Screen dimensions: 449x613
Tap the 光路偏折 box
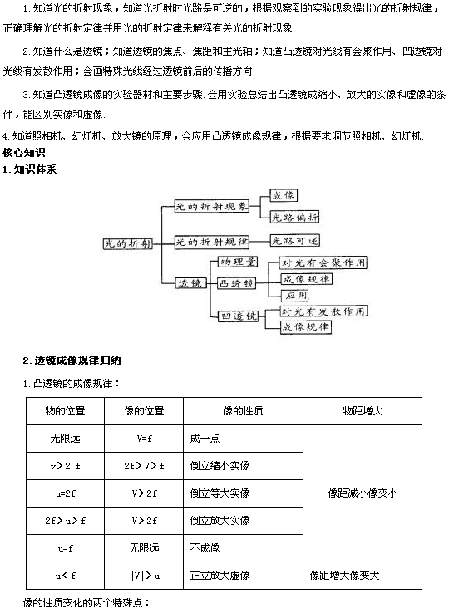[x=294, y=218]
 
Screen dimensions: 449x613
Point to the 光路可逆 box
[x=294, y=242]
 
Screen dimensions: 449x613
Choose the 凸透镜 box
[x=234, y=284]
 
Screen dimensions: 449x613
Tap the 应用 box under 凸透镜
[x=296, y=295]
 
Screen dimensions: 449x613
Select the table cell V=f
[x=143, y=438]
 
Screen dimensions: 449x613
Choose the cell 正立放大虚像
[x=220, y=575]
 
